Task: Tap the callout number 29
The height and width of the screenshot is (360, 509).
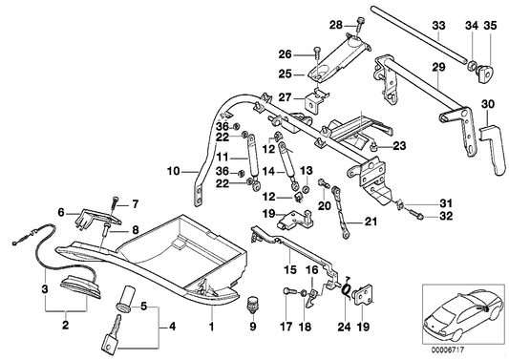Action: pos(438,67)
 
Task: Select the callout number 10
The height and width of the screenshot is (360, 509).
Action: pos(174,172)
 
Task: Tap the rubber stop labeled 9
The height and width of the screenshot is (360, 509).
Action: pos(254,306)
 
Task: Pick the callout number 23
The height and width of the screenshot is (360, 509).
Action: pos(399,146)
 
